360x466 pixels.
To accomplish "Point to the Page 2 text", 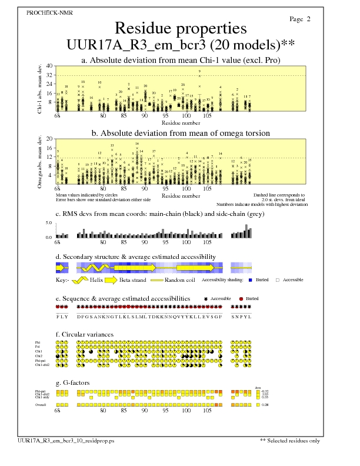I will [300, 19].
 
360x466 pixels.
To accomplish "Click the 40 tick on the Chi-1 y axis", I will [49, 66].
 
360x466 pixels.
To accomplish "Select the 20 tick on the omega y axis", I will [49, 139].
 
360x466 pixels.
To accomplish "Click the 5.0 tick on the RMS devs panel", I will [49, 223].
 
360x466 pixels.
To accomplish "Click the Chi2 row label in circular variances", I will [39, 356].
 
